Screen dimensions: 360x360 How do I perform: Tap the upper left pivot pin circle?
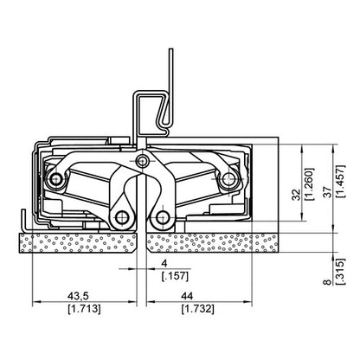[57, 179]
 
